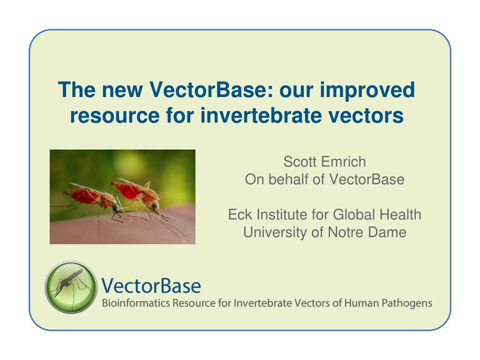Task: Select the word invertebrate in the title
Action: click(261, 115)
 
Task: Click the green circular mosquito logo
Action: click(71, 287)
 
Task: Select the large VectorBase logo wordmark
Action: click(151, 286)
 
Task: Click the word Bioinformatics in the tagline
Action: click(136, 303)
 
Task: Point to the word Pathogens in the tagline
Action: click(407, 304)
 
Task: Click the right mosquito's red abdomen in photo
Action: click(127, 190)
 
